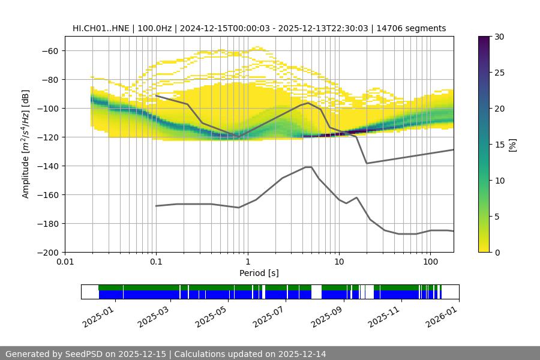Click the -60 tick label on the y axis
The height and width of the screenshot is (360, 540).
[49, 50]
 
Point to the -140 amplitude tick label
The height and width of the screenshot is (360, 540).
[47, 166]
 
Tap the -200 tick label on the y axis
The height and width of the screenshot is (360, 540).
[47, 252]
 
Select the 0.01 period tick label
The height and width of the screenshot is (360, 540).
[65, 262]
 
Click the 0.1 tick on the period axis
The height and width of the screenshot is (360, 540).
[156, 262]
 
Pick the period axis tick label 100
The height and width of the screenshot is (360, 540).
[430, 262]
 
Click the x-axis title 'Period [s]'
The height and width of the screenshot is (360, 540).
[259, 274]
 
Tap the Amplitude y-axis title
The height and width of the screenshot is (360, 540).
[26, 144]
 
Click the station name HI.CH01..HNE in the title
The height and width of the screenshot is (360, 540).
[100, 28]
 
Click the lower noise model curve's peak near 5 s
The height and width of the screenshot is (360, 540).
[308, 167]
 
